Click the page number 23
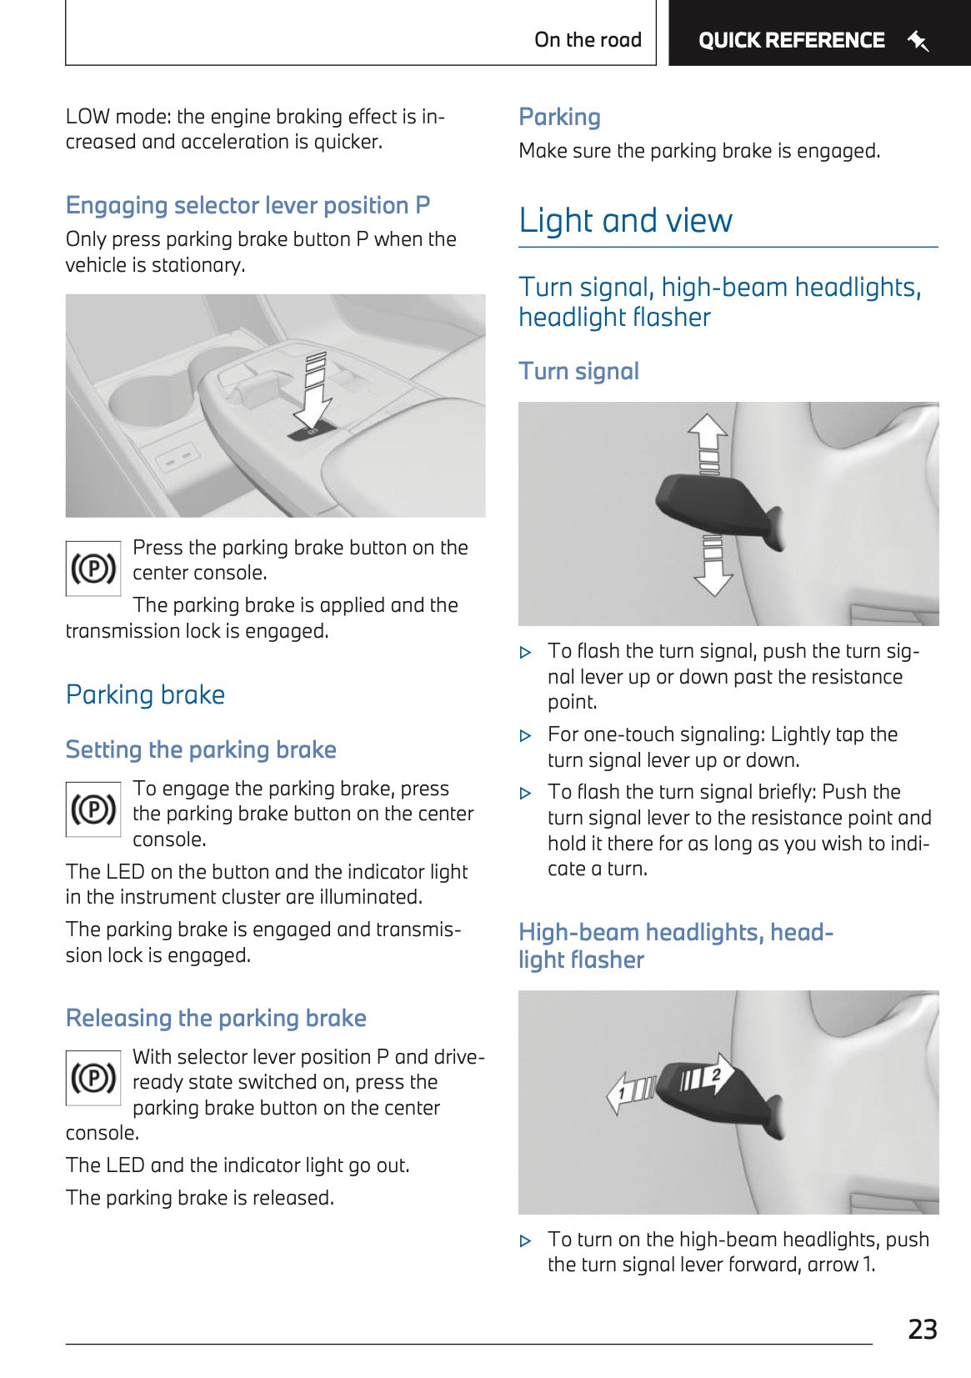(x=922, y=1329)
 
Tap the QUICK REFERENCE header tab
(x=791, y=40)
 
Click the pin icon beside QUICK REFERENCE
(x=918, y=40)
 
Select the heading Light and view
(x=625, y=221)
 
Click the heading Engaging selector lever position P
(x=248, y=205)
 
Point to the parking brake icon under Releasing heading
(x=93, y=1078)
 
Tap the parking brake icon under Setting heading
(x=93, y=809)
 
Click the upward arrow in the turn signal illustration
(x=708, y=442)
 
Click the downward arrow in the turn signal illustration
(x=713, y=567)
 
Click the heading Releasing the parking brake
(x=216, y=1018)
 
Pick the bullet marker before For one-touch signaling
(x=525, y=736)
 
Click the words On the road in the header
(x=588, y=40)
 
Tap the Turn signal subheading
(x=578, y=371)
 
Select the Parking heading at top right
(x=559, y=117)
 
